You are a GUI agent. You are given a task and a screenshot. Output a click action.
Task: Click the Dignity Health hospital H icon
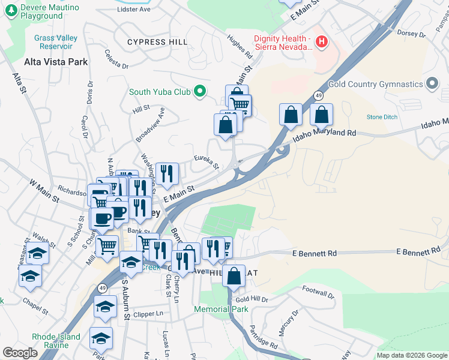[x=322, y=42]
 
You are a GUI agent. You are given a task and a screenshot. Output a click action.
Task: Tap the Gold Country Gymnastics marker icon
[x=432, y=84]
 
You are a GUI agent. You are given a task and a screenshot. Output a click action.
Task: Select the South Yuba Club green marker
[x=200, y=92]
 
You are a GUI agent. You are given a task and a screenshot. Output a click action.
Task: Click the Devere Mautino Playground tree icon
[x=11, y=11]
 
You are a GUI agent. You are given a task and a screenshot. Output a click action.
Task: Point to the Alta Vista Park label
[x=56, y=62]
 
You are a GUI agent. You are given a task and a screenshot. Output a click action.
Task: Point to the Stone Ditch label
[x=382, y=117]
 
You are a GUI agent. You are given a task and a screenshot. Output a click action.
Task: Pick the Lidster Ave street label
[x=134, y=10]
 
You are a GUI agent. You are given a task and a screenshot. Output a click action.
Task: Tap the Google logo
[x=20, y=353]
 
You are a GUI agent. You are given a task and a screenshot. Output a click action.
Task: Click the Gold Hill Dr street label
[x=251, y=299]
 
